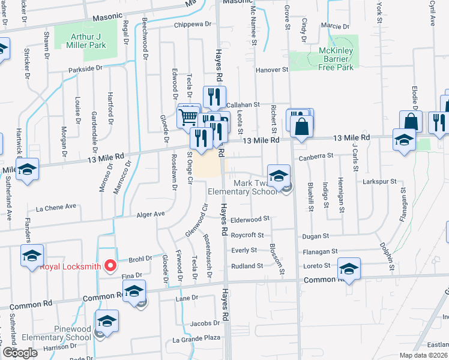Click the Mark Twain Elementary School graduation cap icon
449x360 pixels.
(279, 176)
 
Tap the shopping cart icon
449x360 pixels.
(188, 116)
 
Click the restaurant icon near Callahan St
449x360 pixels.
(214, 97)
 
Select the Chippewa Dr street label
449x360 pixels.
(193, 25)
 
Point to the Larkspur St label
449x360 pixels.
(379, 181)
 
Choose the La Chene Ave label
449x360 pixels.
(56, 208)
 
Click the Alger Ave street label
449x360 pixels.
(151, 214)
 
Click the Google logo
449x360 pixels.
(20, 353)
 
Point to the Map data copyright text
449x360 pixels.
(423, 355)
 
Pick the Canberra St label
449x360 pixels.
(315, 156)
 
